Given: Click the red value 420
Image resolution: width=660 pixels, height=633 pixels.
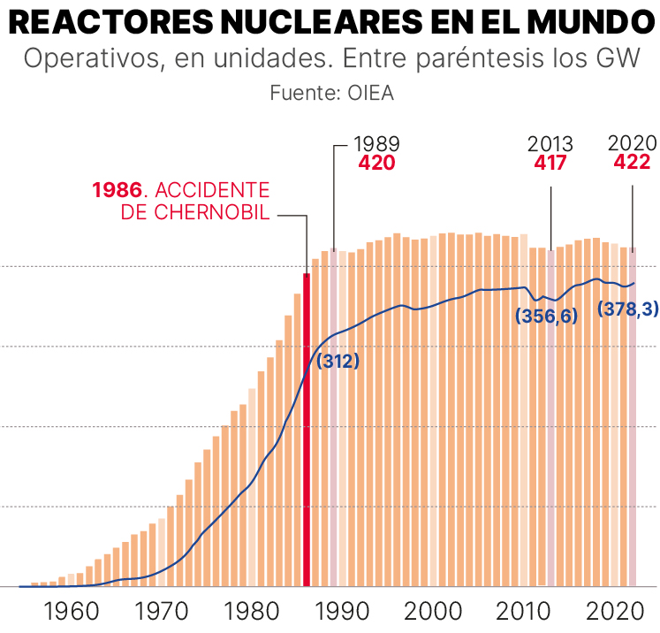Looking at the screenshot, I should [x=376, y=164].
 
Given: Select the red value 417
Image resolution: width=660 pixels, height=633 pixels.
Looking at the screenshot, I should [x=550, y=164].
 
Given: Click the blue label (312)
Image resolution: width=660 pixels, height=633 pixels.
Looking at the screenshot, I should [x=338, y=361].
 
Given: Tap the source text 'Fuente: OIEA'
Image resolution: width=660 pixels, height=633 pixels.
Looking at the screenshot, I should [x=330, y=93].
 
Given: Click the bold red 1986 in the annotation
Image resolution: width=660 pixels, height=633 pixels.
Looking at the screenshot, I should [x=117, y=191].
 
